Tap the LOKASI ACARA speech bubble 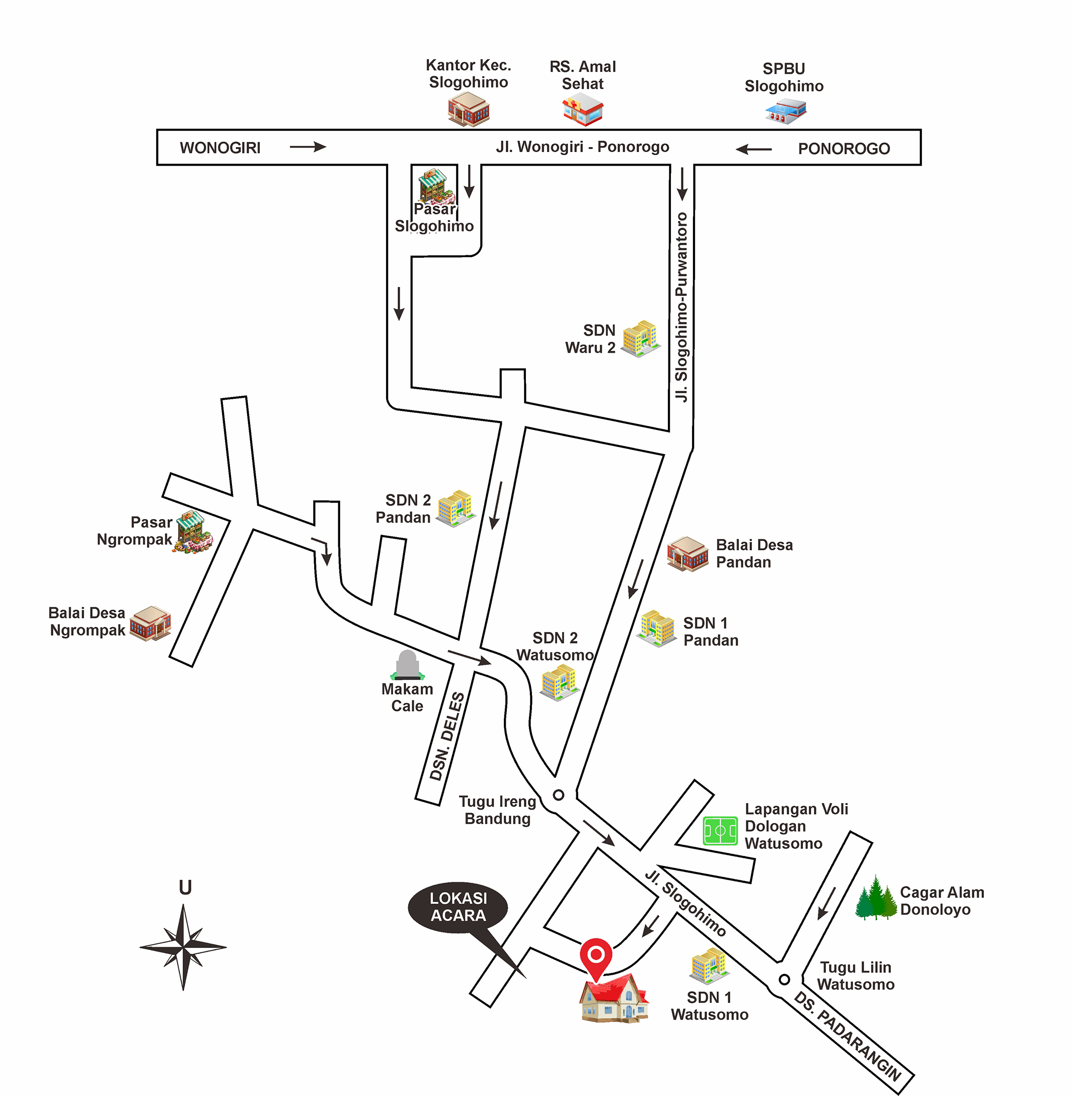point(458,907)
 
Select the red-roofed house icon point(614,999)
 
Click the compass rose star point(183,947)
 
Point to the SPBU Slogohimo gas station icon point(786,111)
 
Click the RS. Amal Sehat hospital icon point(583,109)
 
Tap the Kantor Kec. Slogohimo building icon point(469,109)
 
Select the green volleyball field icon point(720,831)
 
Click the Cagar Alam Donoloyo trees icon point(876,899)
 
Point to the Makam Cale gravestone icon point(407,665)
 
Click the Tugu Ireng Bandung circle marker point(558,795)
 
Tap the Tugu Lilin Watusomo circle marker point(784,980)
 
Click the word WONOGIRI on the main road point(220,148)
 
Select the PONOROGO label point(844,149)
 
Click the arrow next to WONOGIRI point(308,147)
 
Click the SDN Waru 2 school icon point(641,339)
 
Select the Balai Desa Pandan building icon point(687,554)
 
